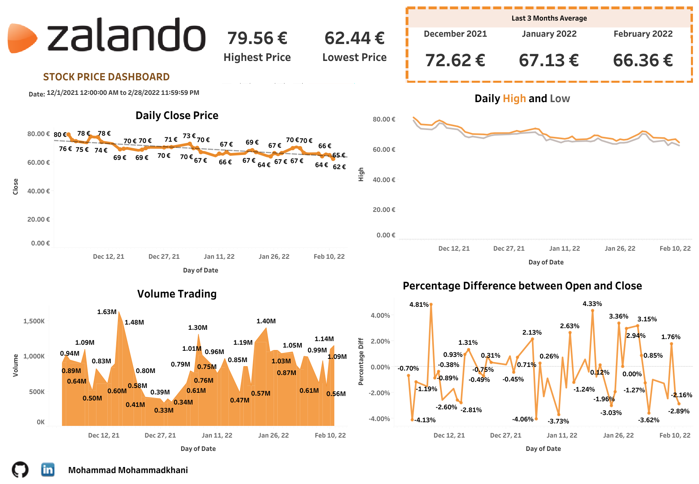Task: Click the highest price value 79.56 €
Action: tap(257, 38)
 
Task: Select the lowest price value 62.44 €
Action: tap(354, 38)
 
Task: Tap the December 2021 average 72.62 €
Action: tap(455, 61)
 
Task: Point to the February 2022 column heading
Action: tap(643, 34)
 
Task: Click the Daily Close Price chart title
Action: tap(177, 115)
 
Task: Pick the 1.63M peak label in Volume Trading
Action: tap(107, 312)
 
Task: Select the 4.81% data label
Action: tap(419, 304)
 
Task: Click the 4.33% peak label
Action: tap(592, 304)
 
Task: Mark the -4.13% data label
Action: tap(425, 420)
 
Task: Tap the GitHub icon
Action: tap(20, 470)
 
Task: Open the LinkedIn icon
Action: tap(48, 469)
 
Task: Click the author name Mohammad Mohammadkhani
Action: tap(128, 470)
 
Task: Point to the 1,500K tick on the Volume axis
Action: tap(34, 321)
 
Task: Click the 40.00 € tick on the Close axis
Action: tap(38, 191)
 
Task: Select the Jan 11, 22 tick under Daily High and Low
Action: tap(564, 248)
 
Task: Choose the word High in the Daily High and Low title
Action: tap(514, 98)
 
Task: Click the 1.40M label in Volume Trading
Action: tap(266, 321)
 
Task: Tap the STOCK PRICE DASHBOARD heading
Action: tap(106, 77)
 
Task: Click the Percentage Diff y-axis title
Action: tap(361, 361)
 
